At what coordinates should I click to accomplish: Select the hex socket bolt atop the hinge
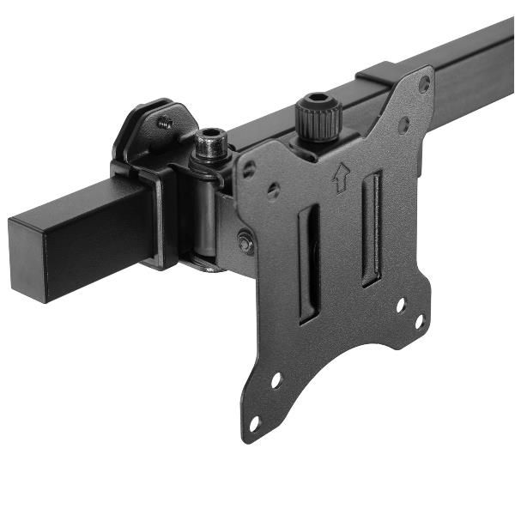pos(209,142)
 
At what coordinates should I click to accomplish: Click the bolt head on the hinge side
pos(245,244)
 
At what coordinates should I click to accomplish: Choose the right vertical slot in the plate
pos(372,228)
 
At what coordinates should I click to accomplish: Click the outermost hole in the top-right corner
pos(424,84)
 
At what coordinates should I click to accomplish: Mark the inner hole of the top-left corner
pos(272,190)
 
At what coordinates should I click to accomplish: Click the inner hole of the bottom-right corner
pos(400,305)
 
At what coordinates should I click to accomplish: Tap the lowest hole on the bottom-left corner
pos(254,423)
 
